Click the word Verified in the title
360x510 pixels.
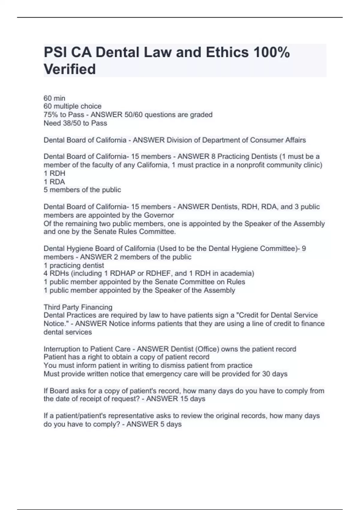[70, 69]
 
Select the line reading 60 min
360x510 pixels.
[54, 98]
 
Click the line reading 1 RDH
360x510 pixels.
[54, 173]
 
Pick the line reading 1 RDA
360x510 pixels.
[54, 181]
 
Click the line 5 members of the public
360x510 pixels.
[82, 190]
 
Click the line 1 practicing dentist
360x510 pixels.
[74, 265]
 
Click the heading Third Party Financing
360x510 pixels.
[78, 307]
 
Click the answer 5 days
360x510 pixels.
[171, 424]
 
